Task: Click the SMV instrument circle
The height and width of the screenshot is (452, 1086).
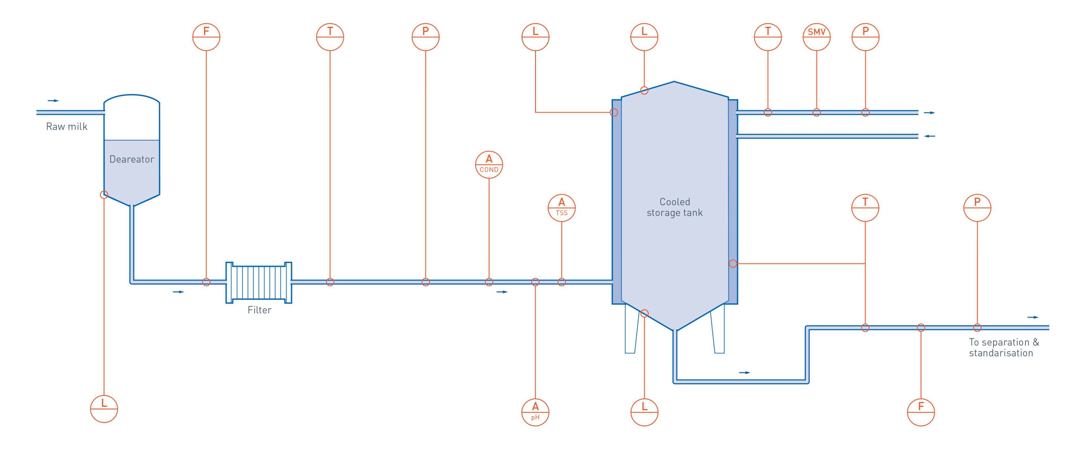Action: click(816, 37)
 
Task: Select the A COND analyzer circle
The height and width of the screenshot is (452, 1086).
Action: click(489, 165)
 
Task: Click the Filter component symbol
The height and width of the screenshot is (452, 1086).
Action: click(258, 282)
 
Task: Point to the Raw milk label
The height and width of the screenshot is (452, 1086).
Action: click(67, 126)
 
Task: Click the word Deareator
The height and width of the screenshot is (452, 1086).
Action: click(132, 159)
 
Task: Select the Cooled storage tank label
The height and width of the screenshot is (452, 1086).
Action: click(675, 207)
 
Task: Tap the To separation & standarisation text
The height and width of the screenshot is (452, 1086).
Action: click(1004, 347)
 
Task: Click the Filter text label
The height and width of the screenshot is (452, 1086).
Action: click(259, 310)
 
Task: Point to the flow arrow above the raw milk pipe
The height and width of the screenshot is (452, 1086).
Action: click(53, 101)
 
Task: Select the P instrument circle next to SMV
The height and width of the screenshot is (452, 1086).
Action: click(865, 37)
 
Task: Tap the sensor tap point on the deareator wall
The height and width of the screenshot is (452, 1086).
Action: click(104, 195)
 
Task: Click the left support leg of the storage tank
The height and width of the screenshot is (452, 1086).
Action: click(631, 329)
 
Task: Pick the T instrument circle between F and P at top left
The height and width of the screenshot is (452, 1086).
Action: click(330, 37)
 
